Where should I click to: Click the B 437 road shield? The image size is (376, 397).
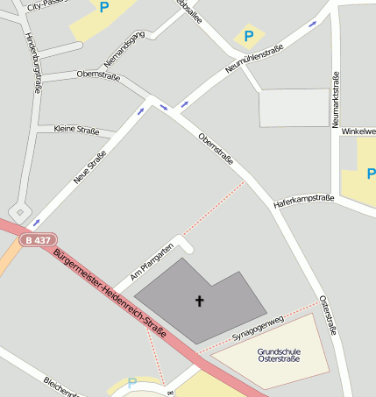point(37,240)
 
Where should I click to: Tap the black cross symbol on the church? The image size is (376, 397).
point(199,301)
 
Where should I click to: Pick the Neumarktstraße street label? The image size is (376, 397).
point(336,100)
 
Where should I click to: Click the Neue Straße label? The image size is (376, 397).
point(89,167)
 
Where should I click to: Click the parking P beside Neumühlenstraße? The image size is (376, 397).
point(248,36)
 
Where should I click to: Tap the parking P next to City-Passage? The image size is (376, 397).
point(104,8)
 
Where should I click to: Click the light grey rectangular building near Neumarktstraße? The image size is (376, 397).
point(294,108)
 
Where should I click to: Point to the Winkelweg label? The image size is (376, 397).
point(358,131)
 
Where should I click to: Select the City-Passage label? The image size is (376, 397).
point(48,4)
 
